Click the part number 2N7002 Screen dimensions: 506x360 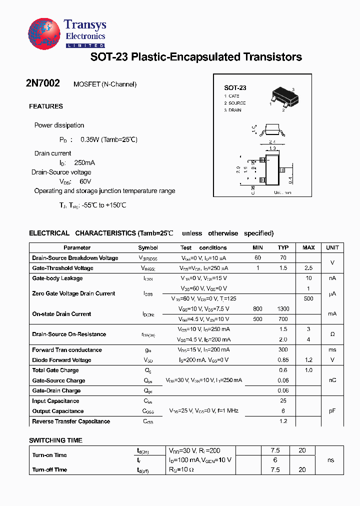(43, 84)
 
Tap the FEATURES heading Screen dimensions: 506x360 (46, 106)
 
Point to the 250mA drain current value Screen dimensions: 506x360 (84, 163)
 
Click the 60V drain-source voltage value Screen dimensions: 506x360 (85, 181)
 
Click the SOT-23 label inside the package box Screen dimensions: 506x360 (235, 87)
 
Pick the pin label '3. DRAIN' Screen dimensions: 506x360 (232, 110)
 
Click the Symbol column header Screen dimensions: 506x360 (148, 247)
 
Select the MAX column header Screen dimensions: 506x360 (308, 247)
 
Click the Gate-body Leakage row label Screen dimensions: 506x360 (57, 278)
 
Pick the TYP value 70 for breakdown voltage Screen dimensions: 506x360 (283, 258)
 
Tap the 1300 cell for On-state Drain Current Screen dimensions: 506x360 (283, 309)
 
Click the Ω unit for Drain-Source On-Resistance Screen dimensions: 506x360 (332, 334)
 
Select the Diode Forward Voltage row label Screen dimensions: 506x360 (61, 360)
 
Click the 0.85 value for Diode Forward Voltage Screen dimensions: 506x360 (283, 360)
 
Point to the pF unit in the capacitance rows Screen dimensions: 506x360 (332, 411)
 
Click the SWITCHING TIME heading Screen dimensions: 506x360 (55, 440)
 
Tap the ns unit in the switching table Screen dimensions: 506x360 (331, 460)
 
